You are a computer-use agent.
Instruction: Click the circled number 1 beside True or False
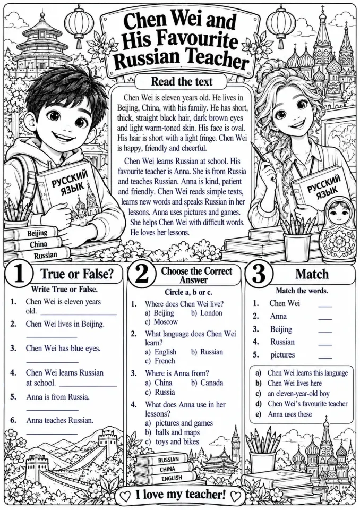(x=19, y=274)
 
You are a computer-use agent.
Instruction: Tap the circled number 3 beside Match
(x=259, y=275)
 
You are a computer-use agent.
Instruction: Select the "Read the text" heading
(x=182, y=81)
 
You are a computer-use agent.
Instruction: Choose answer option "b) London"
(x=207, y=313)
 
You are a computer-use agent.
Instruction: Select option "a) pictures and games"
(x=179, y=423)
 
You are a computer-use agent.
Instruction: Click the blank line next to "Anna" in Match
(x=325, y=320)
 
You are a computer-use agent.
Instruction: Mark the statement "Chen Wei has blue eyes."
(x=63, y=348)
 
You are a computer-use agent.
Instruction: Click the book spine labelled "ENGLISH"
(x=172, y=478)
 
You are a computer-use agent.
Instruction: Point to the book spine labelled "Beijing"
(x=37, y=234)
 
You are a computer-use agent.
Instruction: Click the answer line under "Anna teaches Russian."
(x=52, y=434)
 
